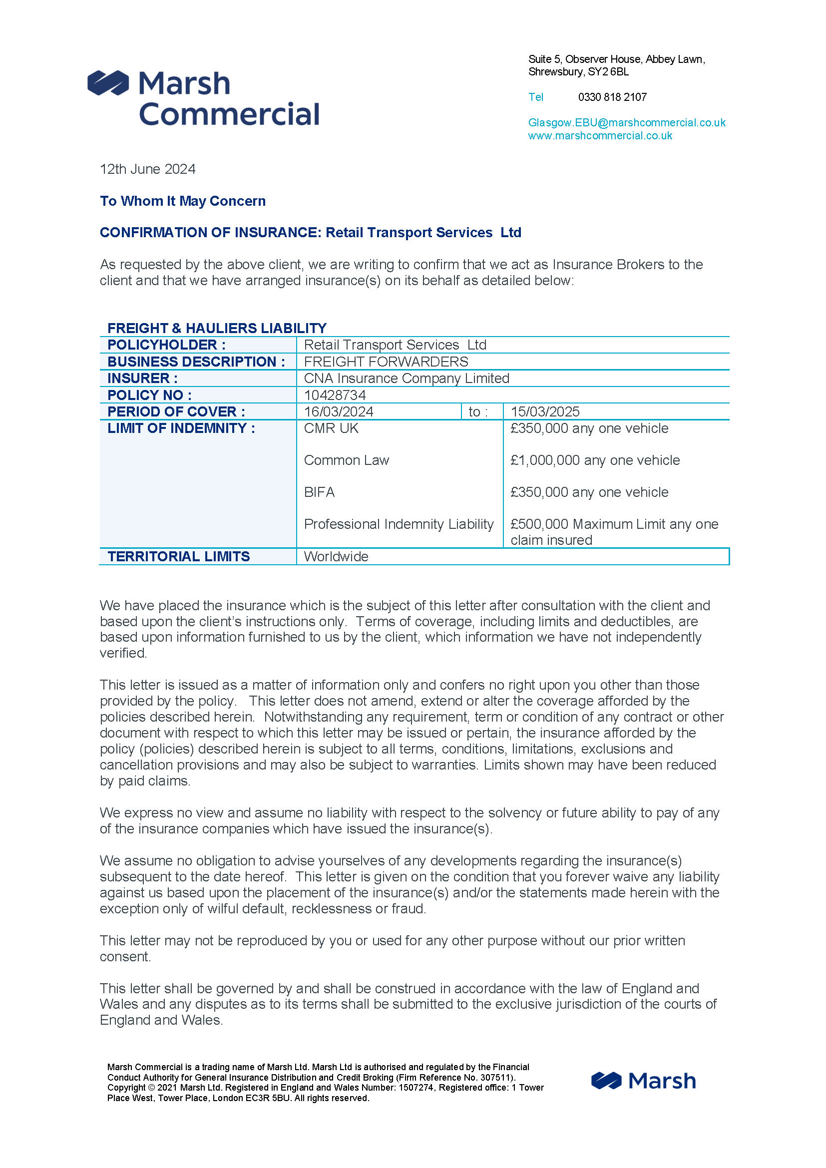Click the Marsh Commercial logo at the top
click(203, 98)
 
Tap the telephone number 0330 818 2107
click(612, 97)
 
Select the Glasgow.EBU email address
click(627, 123)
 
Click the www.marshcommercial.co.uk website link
click(600, 136)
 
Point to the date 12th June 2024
click(147, 169)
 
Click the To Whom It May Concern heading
click(183, 201)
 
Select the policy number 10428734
click(335, 395)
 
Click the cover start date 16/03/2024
click(339, 411)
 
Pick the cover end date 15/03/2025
click(545, 411)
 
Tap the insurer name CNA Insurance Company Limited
click(407, 379)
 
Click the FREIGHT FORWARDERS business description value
click(386, 362)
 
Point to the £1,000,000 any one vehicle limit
click(595, 460)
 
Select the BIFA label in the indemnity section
click(320, 492)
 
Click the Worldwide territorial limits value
click(336, 556)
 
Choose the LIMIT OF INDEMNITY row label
click(181, 428)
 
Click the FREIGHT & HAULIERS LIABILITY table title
click(217, 328)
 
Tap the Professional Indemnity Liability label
click(399, 524)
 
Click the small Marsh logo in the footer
click(643, 1081)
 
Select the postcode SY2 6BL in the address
click(608, 72)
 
